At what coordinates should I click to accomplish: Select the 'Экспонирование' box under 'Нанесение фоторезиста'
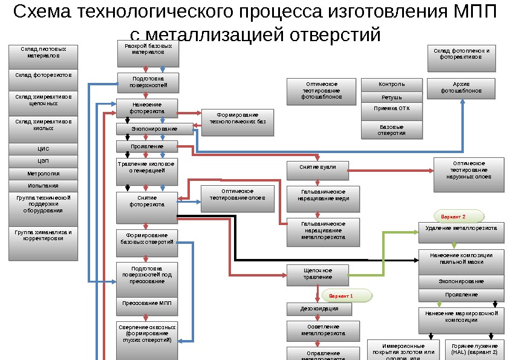tap(154, 129)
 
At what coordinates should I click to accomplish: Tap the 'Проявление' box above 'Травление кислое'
tap(147, 146)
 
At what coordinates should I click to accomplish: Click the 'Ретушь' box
tap(391, 97)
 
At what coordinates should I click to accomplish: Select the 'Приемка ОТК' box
tap(391, 110)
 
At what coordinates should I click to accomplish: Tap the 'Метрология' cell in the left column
tap(44, 173)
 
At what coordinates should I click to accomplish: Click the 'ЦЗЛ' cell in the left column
tap(44, 161)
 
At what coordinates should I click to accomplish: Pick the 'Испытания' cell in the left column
tap(44, 186)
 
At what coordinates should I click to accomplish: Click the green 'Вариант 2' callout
tap(457, 216)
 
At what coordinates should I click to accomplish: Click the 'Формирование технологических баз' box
tap(237, 119)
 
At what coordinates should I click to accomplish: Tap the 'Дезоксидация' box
tap(319, 309)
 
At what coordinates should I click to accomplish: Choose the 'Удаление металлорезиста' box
tap(461, 229)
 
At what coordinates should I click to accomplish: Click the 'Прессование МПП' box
tap(148, 303)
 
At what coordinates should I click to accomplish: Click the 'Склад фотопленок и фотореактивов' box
tap(461, 54)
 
